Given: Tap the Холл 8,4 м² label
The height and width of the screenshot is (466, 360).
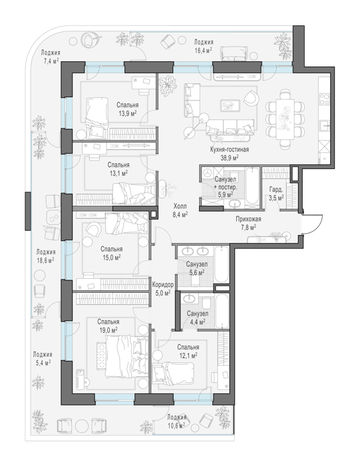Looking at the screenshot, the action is pos(180,210).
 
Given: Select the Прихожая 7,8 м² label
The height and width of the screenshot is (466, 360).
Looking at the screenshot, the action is pos(248,223).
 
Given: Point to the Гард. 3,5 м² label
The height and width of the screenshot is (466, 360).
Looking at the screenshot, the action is pos(276,194).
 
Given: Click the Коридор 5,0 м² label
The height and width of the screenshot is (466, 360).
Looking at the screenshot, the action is pos(163,288).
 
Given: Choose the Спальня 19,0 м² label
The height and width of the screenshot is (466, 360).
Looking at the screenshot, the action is pos(108,326).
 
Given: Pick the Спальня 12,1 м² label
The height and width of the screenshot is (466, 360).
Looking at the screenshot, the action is pos(188,351).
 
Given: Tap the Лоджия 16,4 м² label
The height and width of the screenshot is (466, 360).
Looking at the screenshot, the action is pos(204,46).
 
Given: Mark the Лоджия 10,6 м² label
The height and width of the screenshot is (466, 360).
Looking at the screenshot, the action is pos(176,421).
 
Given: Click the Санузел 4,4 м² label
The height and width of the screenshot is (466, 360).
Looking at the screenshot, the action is pos(197,318).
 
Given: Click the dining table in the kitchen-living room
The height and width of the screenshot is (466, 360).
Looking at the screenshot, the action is pos(285,119).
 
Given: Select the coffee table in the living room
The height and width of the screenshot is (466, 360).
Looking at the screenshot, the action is pos(230,105).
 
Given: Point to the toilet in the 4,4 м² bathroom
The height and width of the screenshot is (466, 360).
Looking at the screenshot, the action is pos(206,304).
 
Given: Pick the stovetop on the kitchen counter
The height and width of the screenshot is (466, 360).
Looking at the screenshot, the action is pos(324,99).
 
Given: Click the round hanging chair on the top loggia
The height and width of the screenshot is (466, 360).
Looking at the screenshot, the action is pos(87,39).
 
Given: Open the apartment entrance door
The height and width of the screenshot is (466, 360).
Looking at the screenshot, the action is pos(312,224).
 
